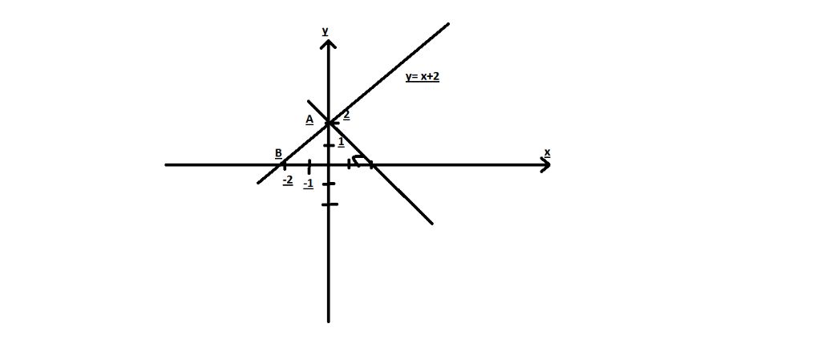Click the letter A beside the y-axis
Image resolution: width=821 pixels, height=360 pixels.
tap(309, 120)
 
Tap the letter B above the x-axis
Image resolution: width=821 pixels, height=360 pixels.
tap(278, 153)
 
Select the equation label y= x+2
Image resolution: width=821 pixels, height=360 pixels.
tap(422, 77)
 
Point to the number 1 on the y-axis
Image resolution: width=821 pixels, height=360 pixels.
tap(341, 142)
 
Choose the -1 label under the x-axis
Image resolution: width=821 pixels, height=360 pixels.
tap(309, 184)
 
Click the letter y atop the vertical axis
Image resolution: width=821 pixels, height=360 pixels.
tap(326, 31)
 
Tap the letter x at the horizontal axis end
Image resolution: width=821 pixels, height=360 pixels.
tap(547, 152)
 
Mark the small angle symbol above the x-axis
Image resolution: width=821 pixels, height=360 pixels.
tap(360, 160)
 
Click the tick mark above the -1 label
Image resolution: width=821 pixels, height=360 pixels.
tap(309, 167)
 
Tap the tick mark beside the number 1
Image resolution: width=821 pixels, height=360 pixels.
tap(329, 145)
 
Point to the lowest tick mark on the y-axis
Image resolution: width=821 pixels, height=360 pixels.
tap(330, 204)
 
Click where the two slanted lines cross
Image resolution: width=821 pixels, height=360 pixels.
tap(328, 123)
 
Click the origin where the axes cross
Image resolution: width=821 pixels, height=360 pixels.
tap(328, 165)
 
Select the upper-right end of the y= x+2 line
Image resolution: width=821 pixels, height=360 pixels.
tap(449, 23)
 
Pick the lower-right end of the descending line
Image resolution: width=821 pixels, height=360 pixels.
tap(432, 224)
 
